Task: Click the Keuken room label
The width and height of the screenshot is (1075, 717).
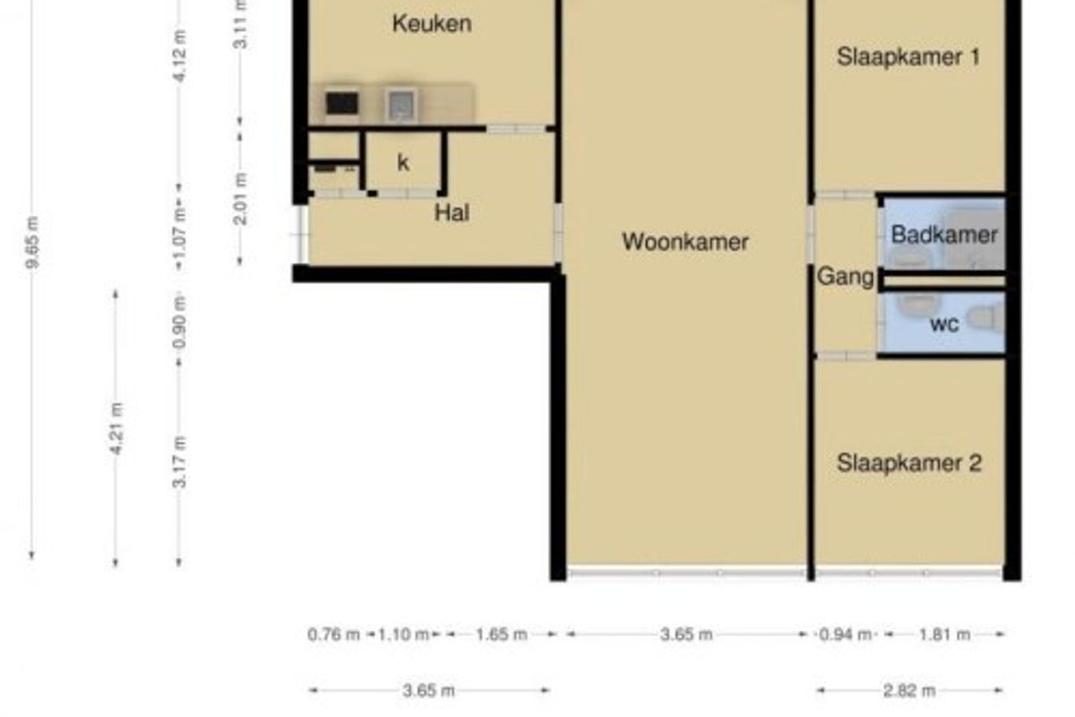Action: [432, 23]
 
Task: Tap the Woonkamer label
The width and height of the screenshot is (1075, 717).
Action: [685, 242]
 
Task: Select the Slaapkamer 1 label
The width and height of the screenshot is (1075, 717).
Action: [908, 56]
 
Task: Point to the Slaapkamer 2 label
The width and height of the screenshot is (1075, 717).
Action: [909, 463]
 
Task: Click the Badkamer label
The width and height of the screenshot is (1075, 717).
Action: [944, 235]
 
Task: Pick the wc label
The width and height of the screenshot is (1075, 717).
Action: [944, 324]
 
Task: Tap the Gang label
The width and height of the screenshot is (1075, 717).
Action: [846, 277]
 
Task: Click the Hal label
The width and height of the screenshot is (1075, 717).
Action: [451, 212]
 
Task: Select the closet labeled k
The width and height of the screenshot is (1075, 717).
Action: [403, 163]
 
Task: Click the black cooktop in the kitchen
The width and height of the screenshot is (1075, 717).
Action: [341, 103]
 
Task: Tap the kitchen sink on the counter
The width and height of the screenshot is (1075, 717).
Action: [401, 105]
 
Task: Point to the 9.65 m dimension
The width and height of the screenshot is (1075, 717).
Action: [32, 242]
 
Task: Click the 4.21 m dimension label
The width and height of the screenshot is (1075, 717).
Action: [116, 428]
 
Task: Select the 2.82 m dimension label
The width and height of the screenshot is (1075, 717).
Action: [909, 691]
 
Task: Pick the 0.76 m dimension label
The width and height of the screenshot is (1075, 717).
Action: [333, 635]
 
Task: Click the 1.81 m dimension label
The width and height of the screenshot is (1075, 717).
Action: [944, 635]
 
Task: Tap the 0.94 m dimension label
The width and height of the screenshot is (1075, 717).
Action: [845, 635]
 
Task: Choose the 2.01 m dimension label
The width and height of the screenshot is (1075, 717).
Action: [240, 199]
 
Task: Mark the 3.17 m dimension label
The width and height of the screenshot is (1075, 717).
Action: [179, 462]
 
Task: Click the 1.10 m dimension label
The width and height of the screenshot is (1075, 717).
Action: [403, 635]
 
